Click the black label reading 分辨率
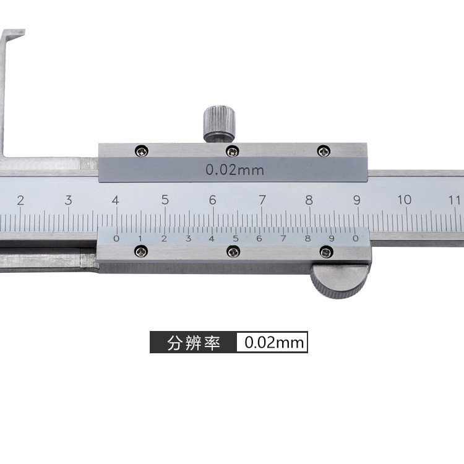[x=194, y=343]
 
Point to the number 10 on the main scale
[x=405, y=199]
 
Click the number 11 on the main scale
[x=455, y=199]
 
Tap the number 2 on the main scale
[x=20, y=200]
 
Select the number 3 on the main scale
[x=68, y=200]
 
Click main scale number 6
[x=212, y=200]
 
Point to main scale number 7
[x=262, y=200]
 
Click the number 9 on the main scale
[x=357, y=199]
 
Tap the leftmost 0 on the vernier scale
[x=116, y=238]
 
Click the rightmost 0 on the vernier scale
[x=355, y=238]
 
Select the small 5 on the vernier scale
[x=235, y=238]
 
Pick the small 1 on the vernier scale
[x=140, y=238]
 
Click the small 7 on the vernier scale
[x=283, y=238]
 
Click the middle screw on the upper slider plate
[x=232, y=151]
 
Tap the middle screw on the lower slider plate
[x=233, y=251]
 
